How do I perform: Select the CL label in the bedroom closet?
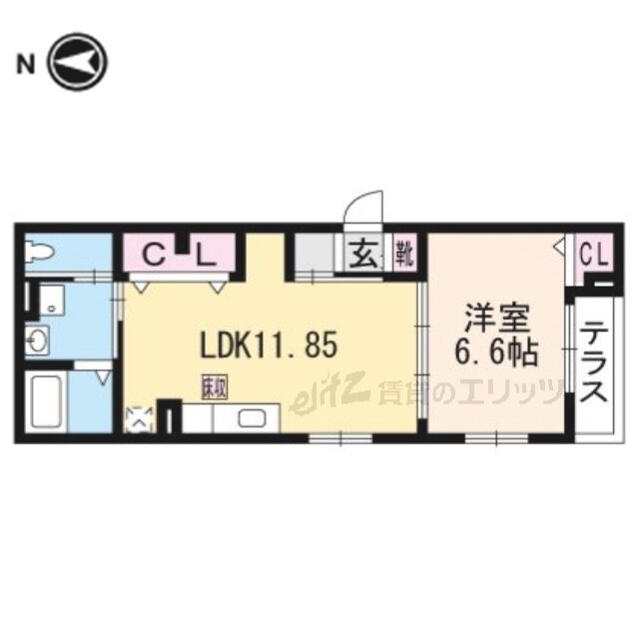click(596, 255)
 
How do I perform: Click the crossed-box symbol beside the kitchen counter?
click(138, 419)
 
